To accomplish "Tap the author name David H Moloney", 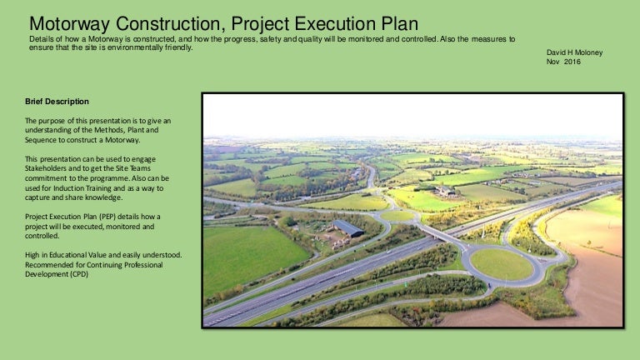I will (572, 52).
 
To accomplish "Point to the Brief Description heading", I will (57, 102).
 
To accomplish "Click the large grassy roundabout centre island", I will (501, 264).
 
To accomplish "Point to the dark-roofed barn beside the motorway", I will (347, 227).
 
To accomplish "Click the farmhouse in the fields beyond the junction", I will (444, 191).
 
